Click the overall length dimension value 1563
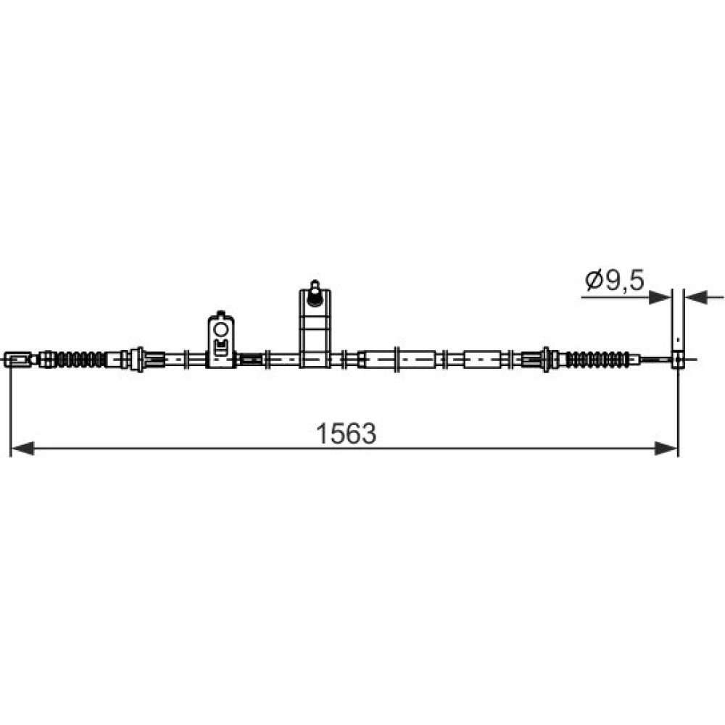346,434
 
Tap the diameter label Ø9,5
615,280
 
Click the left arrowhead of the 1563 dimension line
22,448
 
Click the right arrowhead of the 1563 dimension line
666,448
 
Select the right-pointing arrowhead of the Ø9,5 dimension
660,298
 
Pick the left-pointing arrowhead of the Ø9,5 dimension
696,298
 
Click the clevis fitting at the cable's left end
17,360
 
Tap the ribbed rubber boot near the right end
597,360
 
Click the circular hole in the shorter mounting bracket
220,329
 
